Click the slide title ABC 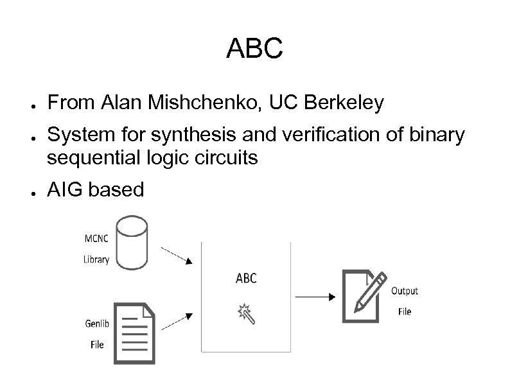pos(254,49)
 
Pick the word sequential pos(98,158)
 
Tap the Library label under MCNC pos(96,259)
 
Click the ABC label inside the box pos(246,277)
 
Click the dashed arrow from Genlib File pos(177,322)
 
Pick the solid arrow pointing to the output pos(315,297)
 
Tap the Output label pos(405,291)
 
